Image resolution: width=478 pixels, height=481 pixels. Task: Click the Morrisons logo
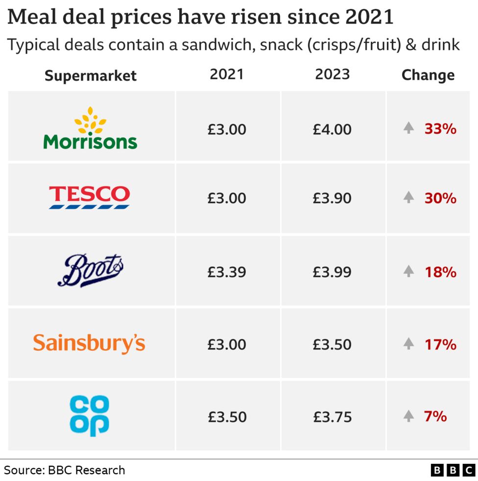(91, 128)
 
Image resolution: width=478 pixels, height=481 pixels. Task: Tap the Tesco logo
(90, 197)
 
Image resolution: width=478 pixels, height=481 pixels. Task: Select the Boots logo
(91, 271)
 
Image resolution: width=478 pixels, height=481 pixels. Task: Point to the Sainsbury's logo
(89, 343)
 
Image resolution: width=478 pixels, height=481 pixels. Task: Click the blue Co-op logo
(90, 416)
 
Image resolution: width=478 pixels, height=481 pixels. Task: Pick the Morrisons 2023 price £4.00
(332, 130)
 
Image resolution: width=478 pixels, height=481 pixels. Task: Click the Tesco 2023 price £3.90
(332, 198)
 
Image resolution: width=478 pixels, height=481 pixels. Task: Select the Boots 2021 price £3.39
(226, 272)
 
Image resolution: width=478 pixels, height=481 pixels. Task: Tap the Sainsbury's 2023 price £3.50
(332, 344)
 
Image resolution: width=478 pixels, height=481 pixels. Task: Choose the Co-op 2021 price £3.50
(226, 417)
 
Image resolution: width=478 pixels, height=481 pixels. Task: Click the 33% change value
(440, 129)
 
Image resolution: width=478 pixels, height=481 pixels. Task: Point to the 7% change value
(435, 416)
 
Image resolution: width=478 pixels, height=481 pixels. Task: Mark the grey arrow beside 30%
(408, 197)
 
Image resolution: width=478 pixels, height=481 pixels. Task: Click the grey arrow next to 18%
(408, 271)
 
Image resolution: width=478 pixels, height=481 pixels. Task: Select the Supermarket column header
(91, 75)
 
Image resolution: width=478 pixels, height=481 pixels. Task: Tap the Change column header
(428, 75)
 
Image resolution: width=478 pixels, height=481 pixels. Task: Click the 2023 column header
(332, 74)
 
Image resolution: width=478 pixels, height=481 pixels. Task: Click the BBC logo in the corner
(454, 470)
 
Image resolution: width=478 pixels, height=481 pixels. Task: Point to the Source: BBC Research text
(65, 470)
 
